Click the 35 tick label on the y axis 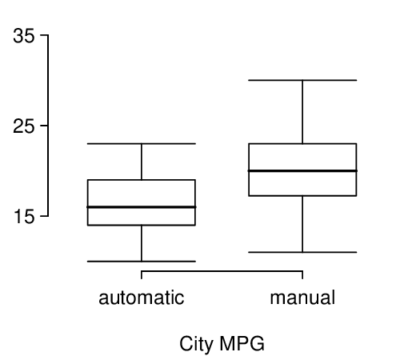click(x=24, y=36)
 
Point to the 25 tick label click(x=24, y=126)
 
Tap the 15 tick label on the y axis click(x=24, y=217)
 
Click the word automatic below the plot click(x=142, y=298)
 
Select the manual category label click(x=302, y=298)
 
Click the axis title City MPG click(x=222, y=344)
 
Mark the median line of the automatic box click(x=142, y=207)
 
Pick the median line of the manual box click(x=302, y=170)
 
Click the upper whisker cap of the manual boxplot click(x=302, y=80)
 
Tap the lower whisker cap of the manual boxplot click(x=302, y=252)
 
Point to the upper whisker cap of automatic click(x=142, y=144)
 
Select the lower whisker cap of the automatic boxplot click(x=142, y=261)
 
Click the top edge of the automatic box click(x=142, y=180)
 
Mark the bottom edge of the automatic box click(x=142, y=225)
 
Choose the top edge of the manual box click(x=302, y=144)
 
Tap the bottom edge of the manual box click(x=302, y=195)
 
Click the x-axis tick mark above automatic click(x=142, y=275)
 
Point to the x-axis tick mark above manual click(x=302, y=275)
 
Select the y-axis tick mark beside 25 click(x=44, y=126)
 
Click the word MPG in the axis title click(x=242, y=343)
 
